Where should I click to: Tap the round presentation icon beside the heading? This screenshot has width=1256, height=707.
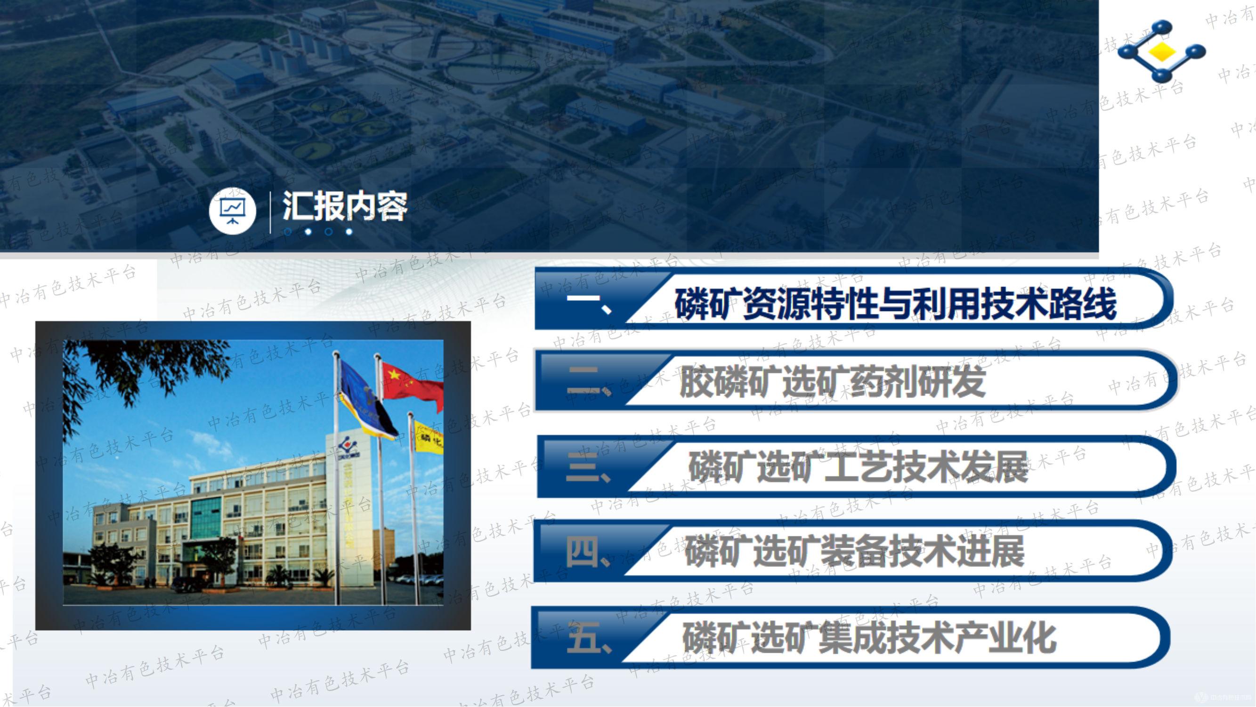(233, 211)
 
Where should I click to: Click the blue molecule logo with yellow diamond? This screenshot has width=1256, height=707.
(1161, 51)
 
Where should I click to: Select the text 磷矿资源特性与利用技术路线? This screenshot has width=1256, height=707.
(895, 304)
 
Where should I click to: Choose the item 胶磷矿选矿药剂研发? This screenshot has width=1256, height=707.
(832, 382)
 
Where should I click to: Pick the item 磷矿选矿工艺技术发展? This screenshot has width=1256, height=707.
(858, 467)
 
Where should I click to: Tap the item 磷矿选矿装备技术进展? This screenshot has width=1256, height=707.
(854, 551)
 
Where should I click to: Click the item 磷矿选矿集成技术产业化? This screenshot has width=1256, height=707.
(869, 638)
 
